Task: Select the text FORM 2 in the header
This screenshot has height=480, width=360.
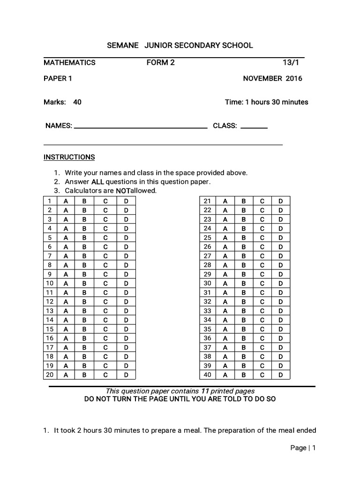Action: point(160,62)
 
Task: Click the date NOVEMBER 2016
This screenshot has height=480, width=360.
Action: point(272,78)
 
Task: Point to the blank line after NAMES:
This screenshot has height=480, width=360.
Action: point(141,127)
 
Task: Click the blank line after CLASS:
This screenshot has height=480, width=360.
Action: point(254,127)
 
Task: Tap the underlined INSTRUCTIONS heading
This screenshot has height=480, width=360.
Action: point(69,157)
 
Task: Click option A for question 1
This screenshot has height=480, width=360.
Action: point(66,201)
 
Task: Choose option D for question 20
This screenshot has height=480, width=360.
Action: point(126,375)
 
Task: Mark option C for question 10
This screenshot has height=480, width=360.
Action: point(106,284)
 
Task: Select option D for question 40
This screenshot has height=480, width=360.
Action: point(280,375)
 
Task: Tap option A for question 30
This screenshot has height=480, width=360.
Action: point(225,284)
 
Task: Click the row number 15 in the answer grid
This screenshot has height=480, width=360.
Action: point(49,329)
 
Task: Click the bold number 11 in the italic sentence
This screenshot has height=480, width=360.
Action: point(205,391)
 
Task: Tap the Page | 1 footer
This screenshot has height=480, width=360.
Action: point(303,448)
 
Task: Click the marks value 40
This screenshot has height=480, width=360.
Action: point(77,102)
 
